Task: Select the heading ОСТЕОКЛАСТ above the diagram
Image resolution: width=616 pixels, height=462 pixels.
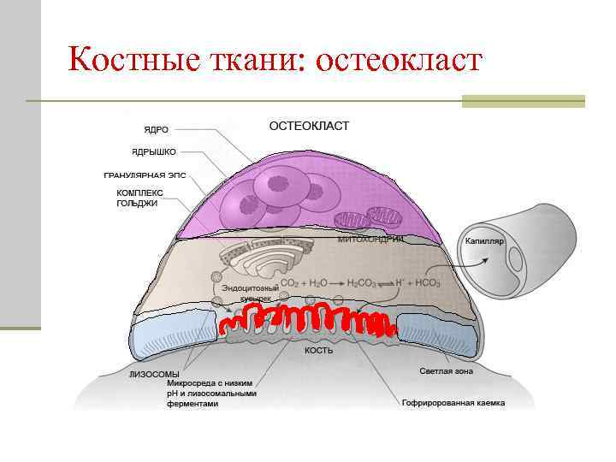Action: click(x=309, y=126)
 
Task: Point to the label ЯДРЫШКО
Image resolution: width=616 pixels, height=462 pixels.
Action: click(x=154, y=151)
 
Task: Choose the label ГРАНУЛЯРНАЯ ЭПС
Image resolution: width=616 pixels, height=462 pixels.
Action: click(x=145, y=175)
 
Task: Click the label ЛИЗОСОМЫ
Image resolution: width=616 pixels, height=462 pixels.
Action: click(x=154, y=374)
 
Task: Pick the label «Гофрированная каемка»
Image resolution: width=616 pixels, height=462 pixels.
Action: click(x=453, y=402)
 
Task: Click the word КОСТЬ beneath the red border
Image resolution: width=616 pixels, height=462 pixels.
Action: click(x=319, y=351)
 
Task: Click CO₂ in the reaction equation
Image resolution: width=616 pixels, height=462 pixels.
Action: click(x=289, y=283)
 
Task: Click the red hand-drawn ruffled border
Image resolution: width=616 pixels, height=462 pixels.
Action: click(x=306, y=321)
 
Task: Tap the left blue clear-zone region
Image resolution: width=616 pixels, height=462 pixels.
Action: click(x=177, y=329)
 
